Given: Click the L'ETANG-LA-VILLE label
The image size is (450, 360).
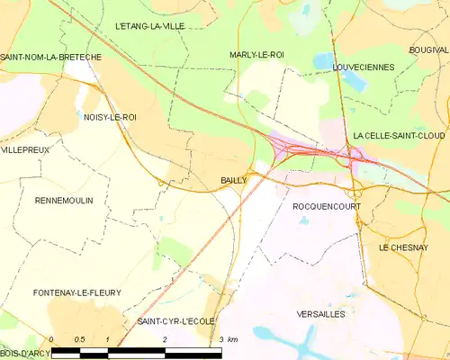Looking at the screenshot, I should tap(149, 26).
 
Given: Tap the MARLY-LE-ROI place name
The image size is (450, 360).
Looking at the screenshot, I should tap(256, 55).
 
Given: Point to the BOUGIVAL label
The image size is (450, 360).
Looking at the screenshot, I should tap(427, 49).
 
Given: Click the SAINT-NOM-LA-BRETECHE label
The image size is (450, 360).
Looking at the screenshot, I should tap(50, 57).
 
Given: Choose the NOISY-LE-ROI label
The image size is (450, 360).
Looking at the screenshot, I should tap(109, 116).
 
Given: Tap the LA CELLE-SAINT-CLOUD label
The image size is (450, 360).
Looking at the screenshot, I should tap(400, 135).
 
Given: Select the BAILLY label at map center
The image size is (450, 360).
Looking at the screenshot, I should tap(234, 180).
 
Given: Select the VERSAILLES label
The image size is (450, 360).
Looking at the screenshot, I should tap(320, 314).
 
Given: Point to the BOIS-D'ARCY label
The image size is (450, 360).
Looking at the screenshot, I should tap(25, 354).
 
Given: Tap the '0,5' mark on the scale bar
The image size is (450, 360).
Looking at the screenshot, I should tap(79, 339).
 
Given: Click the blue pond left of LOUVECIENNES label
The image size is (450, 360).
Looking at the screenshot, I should tap(323, 61).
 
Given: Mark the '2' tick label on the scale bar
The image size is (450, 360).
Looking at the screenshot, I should tap(166, 339).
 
